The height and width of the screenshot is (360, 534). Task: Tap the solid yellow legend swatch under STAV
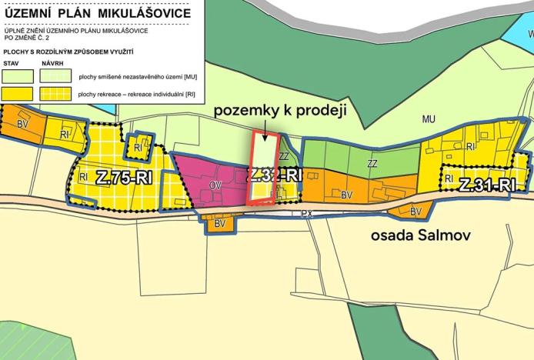[18, 94]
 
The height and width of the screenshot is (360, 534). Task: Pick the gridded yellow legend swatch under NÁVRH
[58, 94]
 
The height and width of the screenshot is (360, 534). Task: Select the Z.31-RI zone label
[486, 185]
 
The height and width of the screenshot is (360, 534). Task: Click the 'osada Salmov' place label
[417, 235]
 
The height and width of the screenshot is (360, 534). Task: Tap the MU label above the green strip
[429, 118]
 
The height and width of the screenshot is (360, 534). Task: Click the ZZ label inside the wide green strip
[372, 164]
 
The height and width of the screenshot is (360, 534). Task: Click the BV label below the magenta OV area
[219, 223]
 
